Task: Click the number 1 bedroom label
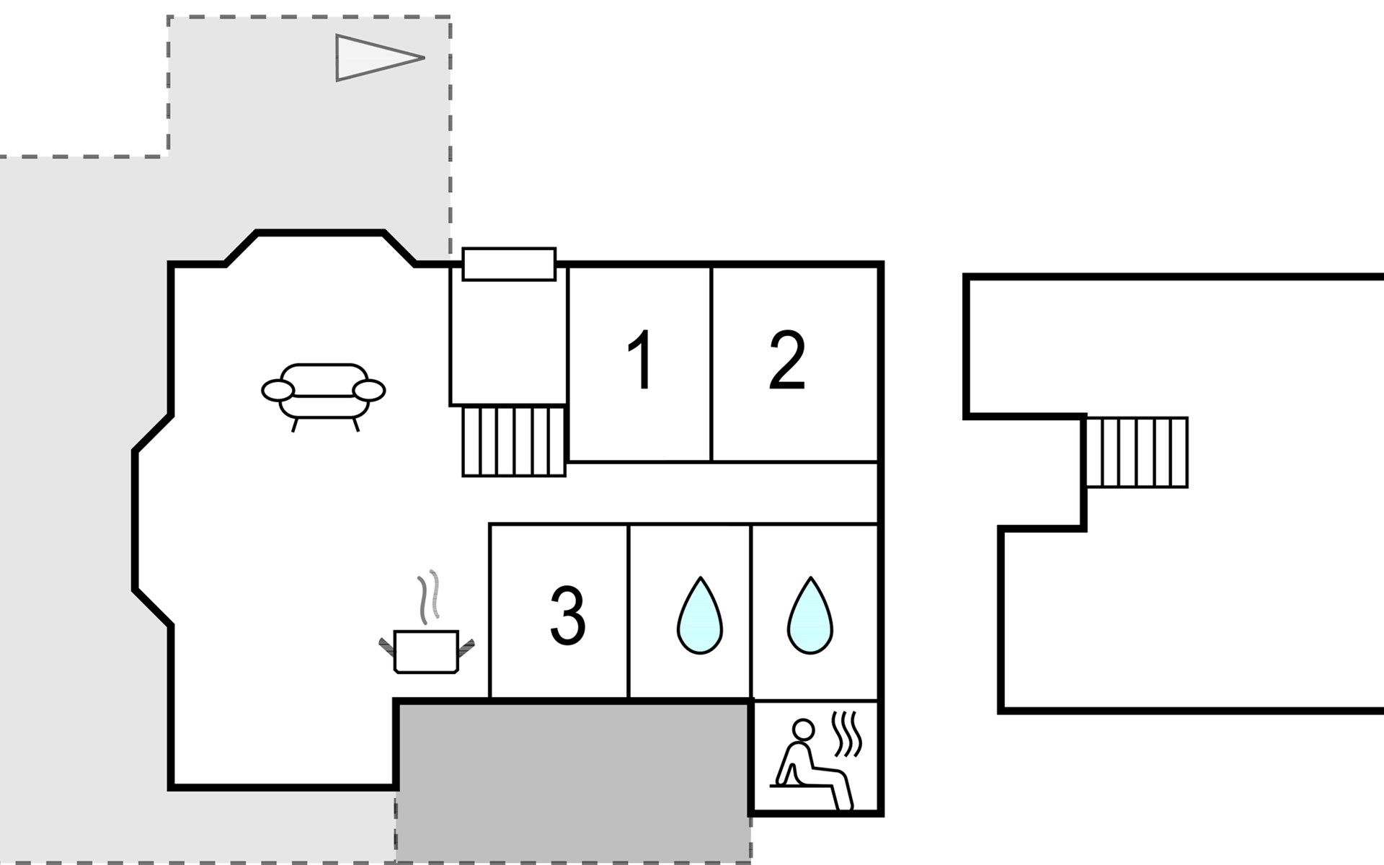tap(641, 360)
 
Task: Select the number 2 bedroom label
tap(786, 360)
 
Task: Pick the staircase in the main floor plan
tap(513, 440)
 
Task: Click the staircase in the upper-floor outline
tap(1137, 453)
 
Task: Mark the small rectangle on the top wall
tap(509, 264)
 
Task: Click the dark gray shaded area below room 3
tap(573, 782)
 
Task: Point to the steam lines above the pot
tap(428, 598)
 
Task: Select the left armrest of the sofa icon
tap(278, 391)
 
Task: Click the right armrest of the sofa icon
tap(369, 391)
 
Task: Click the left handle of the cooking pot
tap(388, 646)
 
